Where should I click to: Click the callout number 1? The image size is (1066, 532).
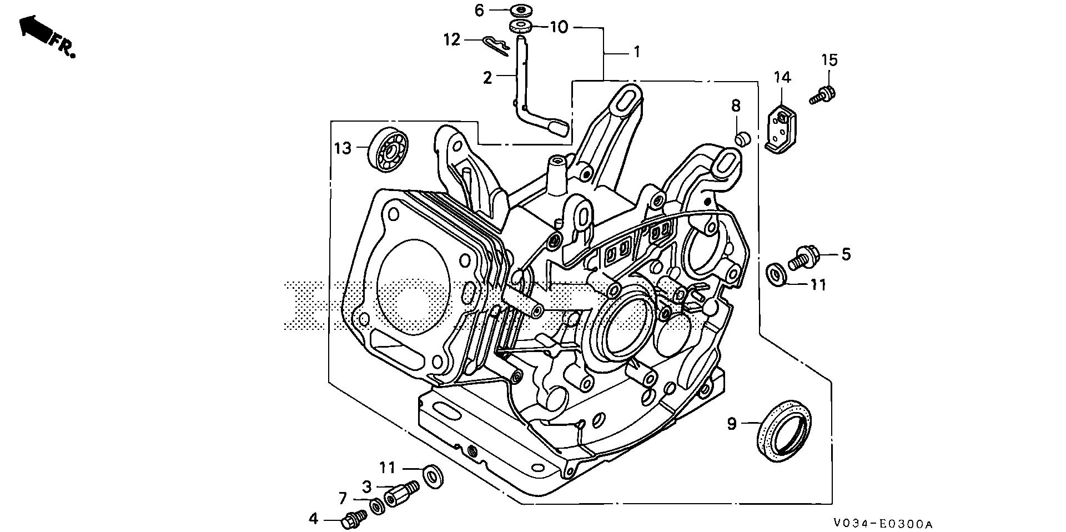pos(637,52)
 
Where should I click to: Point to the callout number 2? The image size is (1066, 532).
pos(487,78)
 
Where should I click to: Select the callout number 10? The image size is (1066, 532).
pos(559,27)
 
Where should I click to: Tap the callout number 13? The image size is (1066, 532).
pos(343,148)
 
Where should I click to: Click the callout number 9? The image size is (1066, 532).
pos(732,424)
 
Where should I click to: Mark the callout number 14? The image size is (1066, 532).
pos(782,77)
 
